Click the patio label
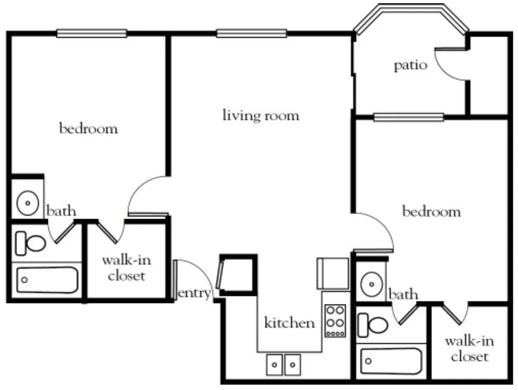[410, 66]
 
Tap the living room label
[261, 115]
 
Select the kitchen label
[290, 322]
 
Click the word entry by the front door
[194, 293]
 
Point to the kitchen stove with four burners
[335, 321]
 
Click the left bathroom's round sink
[28, 203]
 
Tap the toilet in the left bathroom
[31, 243]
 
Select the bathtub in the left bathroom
[47, 280]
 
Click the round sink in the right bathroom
[372, 284]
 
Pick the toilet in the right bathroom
[373, 325]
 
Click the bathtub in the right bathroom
[392, 361]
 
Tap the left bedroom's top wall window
[92, 33]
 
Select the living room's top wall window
[251, 33]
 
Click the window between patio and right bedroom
[409, 117]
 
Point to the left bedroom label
[89, 128]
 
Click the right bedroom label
[431, 211]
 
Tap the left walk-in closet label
[126, 268]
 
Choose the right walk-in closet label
[470, 349]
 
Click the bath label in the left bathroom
[61, 211]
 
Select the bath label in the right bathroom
[403, 294]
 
